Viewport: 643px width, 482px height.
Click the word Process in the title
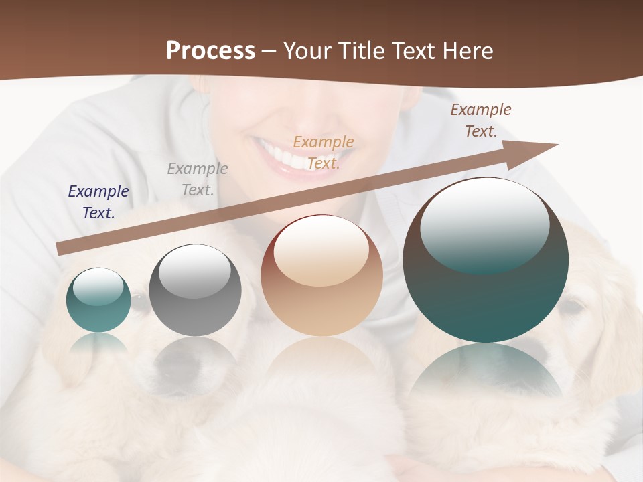pos(210,51)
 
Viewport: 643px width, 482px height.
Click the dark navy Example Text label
pos(98,202)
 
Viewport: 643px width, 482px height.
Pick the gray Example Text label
pos(198,179)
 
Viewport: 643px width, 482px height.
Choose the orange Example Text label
pos(324,152)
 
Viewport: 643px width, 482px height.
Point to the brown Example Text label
pos(481,120)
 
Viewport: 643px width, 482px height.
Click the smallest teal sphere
pos(98,300)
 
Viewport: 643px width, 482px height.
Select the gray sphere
pos(195,290)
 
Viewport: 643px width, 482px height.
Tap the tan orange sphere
pos(322,276)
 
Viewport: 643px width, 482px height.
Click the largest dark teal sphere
pos(486,260)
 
